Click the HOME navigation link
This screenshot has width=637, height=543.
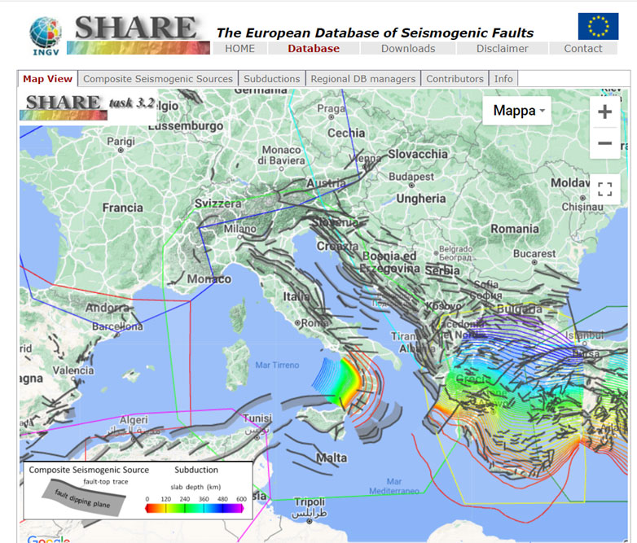pyautogui.click(x=239, y=48)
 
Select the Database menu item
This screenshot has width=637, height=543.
pyautogui.click(x=314, y=48)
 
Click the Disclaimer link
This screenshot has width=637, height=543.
pyautogui.click(x=503, y=48)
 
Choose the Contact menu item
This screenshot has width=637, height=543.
pyautogui.click(x=583, y=48)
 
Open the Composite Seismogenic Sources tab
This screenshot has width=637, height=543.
pyautogui.click(x=158, y=79)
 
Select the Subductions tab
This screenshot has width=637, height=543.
pyautogui.click(x=272, y=79)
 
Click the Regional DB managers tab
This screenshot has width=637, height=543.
pyautogui.click(x=363, y=79)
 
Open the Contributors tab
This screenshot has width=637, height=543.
pyautogui.click(x=455, y=79)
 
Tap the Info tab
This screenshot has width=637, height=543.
pyautogui.click(x=503, y=79)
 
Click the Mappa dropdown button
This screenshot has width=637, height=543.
pyautogui.click(x=516, y=111)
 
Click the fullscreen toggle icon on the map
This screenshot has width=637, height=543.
pyautogui.click(x=604, y=190)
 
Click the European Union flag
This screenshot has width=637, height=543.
pyautogui.click(x=598, y=26)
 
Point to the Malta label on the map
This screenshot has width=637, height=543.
pyautogui.click(x=332, y=458)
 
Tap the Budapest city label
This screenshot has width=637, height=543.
pyautogui.click(x=411, y=177)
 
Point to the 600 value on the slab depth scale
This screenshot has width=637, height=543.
pyautogui.click(x=240, y=498)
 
